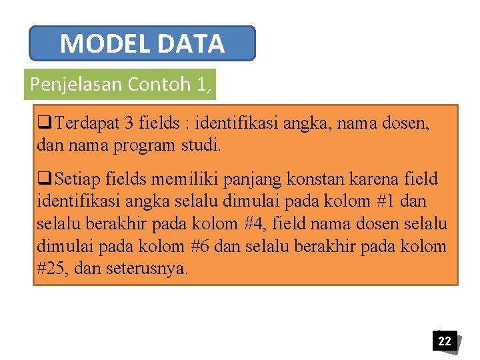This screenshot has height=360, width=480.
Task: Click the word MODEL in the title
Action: tap(106, 44)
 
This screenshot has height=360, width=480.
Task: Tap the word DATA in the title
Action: tap(191, 44)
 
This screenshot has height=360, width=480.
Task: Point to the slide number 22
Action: tap(444, 341)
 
